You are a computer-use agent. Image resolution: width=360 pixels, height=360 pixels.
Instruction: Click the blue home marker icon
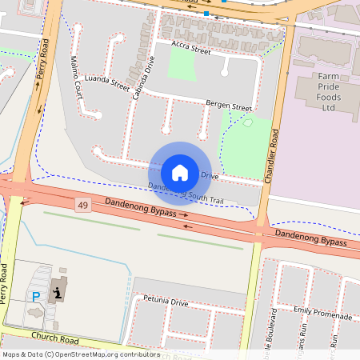tap(180, 173)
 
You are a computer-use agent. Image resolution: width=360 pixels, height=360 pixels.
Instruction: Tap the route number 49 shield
tap(83, 206)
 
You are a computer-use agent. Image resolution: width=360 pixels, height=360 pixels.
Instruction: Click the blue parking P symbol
tap(36, 296)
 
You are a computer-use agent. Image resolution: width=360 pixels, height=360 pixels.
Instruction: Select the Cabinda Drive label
tap(146, 76)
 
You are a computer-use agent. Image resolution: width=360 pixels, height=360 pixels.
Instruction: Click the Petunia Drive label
tap(166, 303)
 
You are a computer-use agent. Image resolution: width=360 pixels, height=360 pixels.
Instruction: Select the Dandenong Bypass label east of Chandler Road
tap(311, 238)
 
